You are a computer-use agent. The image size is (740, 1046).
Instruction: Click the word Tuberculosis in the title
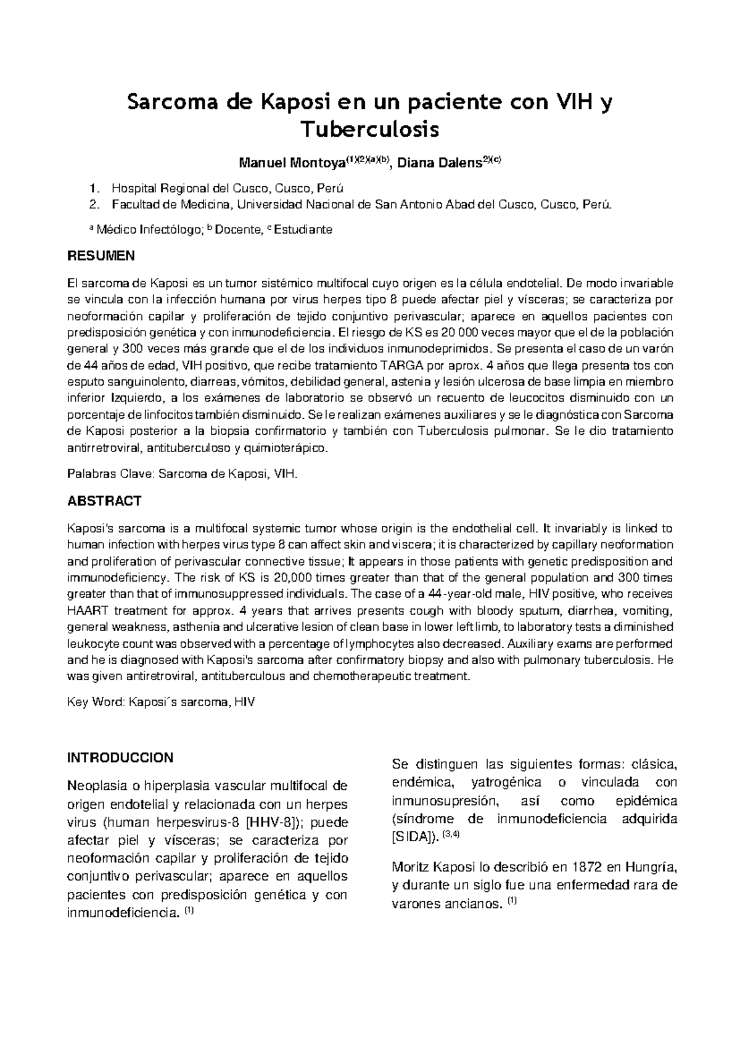tap(369, 130)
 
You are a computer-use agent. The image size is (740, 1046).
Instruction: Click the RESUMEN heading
tap(101, 255)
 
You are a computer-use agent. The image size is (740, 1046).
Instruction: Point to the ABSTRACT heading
tap(104, 501)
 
